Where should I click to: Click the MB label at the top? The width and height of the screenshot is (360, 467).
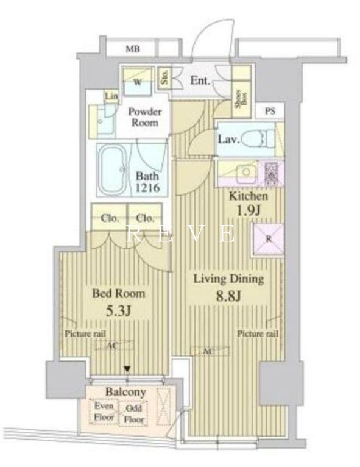[133, 49]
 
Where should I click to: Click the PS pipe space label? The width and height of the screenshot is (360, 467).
[270, 111]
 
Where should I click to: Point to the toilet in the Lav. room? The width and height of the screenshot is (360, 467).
[256, 138]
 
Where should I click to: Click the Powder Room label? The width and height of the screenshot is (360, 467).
[145, 117]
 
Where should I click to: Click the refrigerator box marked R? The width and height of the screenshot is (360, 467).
[269, 239]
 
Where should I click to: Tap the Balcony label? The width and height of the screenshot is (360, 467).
[124, 391]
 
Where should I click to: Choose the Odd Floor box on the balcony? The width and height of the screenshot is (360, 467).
[133, 414]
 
